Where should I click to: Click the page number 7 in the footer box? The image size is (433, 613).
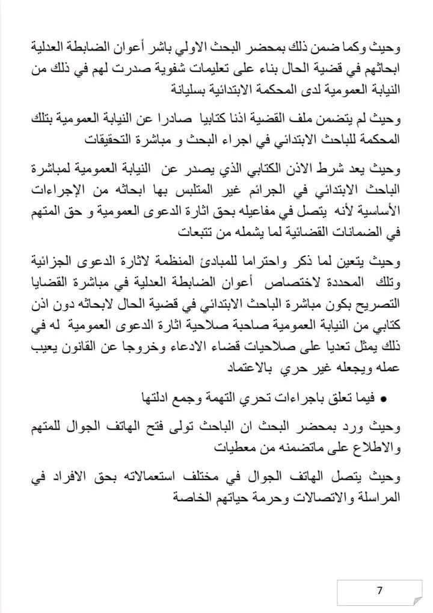point(379,590)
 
